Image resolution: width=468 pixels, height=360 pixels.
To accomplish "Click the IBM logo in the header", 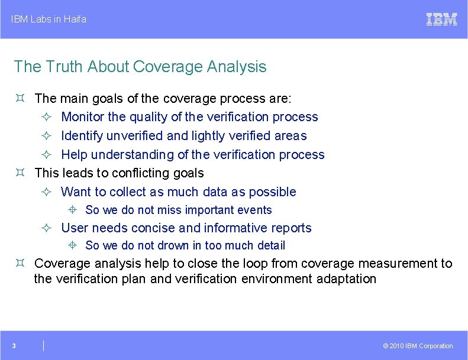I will coord(441,20).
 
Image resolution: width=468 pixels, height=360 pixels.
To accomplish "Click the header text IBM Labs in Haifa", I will coord(49,20).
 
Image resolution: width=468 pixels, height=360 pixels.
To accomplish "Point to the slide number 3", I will coord(14,346).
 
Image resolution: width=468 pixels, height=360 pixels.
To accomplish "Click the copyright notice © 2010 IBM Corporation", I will coord(418,346).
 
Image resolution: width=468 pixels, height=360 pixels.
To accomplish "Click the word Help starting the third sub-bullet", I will coord(74,155).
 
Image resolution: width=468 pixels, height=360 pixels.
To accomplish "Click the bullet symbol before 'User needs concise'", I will coord(47,228).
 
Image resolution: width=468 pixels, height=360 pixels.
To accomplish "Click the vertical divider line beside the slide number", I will coord(44,346).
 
